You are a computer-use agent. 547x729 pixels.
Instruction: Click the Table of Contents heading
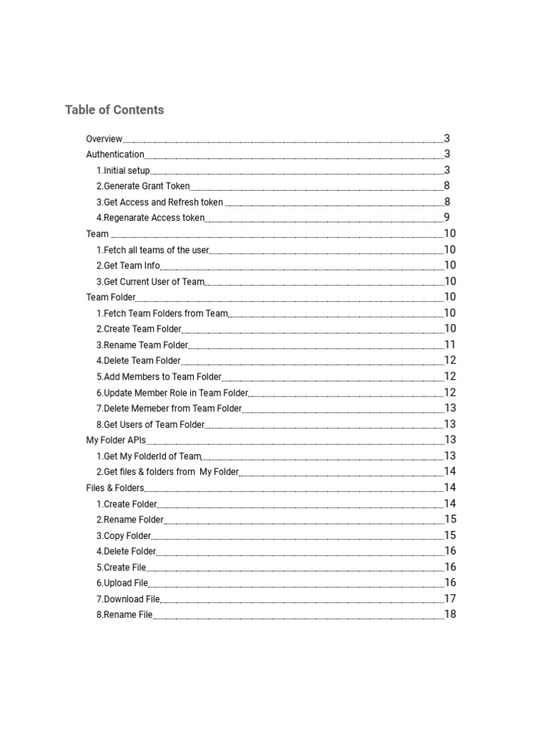pos(114,110)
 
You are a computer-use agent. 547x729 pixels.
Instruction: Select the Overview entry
pos(104,139)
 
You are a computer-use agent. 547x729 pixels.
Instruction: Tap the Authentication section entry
pos(115,154)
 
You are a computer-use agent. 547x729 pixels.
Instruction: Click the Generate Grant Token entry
pos(143,187)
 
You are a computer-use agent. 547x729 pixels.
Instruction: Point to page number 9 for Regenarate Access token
pos(447,218)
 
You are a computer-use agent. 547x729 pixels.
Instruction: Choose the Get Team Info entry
pos(128,266)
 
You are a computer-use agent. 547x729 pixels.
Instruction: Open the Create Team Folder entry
pos(139,329)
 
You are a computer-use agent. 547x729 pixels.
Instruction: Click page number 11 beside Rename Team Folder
pos(450,345)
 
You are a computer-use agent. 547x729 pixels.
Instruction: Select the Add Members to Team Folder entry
pos(159,377)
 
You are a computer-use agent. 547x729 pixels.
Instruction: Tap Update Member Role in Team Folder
pos(172,393)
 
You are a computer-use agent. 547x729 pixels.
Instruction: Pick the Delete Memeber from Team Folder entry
pos(169,409)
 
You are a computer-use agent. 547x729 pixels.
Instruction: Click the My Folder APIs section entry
pos(116,441)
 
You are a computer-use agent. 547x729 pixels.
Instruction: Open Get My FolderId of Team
pos(149,456)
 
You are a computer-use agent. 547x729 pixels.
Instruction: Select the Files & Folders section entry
pos(115,488)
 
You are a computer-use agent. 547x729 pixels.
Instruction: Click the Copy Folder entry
pos(124,536)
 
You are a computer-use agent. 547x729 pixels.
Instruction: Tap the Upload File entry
pos(123,583)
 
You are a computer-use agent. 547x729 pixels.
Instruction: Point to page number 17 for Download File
pos(450,599)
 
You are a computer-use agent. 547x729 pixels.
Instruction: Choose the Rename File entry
pos(125,615)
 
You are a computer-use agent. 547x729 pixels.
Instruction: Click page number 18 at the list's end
pos(450,614)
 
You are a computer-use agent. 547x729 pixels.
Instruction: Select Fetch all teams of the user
pos(152,250)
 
